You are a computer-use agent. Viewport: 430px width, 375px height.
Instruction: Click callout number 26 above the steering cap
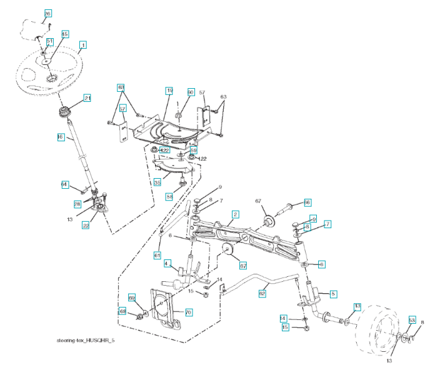(47, 13)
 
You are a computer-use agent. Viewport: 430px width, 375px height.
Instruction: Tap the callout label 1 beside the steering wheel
(82, 45)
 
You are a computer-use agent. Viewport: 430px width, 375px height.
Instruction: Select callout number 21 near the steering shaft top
(87, 98)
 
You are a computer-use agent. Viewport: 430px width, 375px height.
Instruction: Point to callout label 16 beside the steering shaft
(61, 136)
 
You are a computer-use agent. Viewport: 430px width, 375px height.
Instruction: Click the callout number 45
(64, 34)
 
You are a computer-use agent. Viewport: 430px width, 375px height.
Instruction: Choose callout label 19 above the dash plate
(169, 91)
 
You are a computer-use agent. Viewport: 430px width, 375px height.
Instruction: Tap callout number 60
(191, 92)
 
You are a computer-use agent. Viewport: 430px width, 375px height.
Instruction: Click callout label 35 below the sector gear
(157, 182)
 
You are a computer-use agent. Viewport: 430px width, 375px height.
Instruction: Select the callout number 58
(169, 196)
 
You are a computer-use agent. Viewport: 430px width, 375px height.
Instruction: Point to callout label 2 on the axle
(234, 214)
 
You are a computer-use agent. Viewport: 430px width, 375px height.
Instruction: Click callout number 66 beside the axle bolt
(307, 202)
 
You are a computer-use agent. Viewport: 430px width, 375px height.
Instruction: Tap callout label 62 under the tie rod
(262, 292)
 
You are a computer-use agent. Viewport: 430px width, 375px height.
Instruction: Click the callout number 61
(157, 255)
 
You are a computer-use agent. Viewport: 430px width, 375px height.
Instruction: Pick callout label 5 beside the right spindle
(333, 292)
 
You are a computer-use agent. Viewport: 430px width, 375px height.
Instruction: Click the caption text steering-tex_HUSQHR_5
(87, 340)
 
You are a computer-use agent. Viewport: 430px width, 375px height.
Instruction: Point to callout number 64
(64, 184)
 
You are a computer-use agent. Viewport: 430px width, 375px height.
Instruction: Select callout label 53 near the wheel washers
(412, 319)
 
